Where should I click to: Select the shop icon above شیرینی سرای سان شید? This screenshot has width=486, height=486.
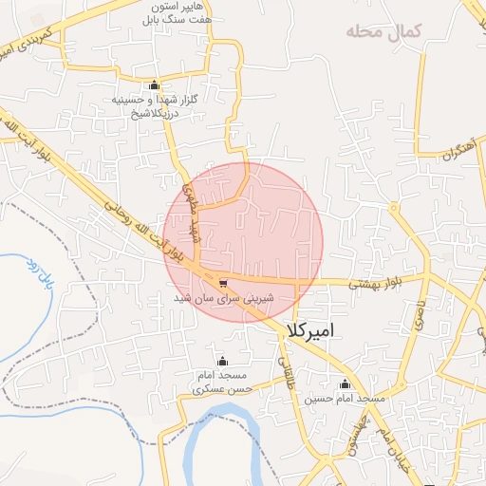[x=222, y=283]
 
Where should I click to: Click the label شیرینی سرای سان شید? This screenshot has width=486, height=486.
[x=222, y=298]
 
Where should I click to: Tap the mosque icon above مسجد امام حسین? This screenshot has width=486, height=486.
[x=345, y=384]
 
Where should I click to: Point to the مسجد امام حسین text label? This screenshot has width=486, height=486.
[x=345, y=399]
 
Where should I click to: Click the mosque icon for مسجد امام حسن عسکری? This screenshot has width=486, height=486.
[x=222, y=361]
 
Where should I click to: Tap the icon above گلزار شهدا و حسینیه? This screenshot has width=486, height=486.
[x=154, y=84]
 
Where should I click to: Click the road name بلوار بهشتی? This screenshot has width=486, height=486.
[x=382, y=283]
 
